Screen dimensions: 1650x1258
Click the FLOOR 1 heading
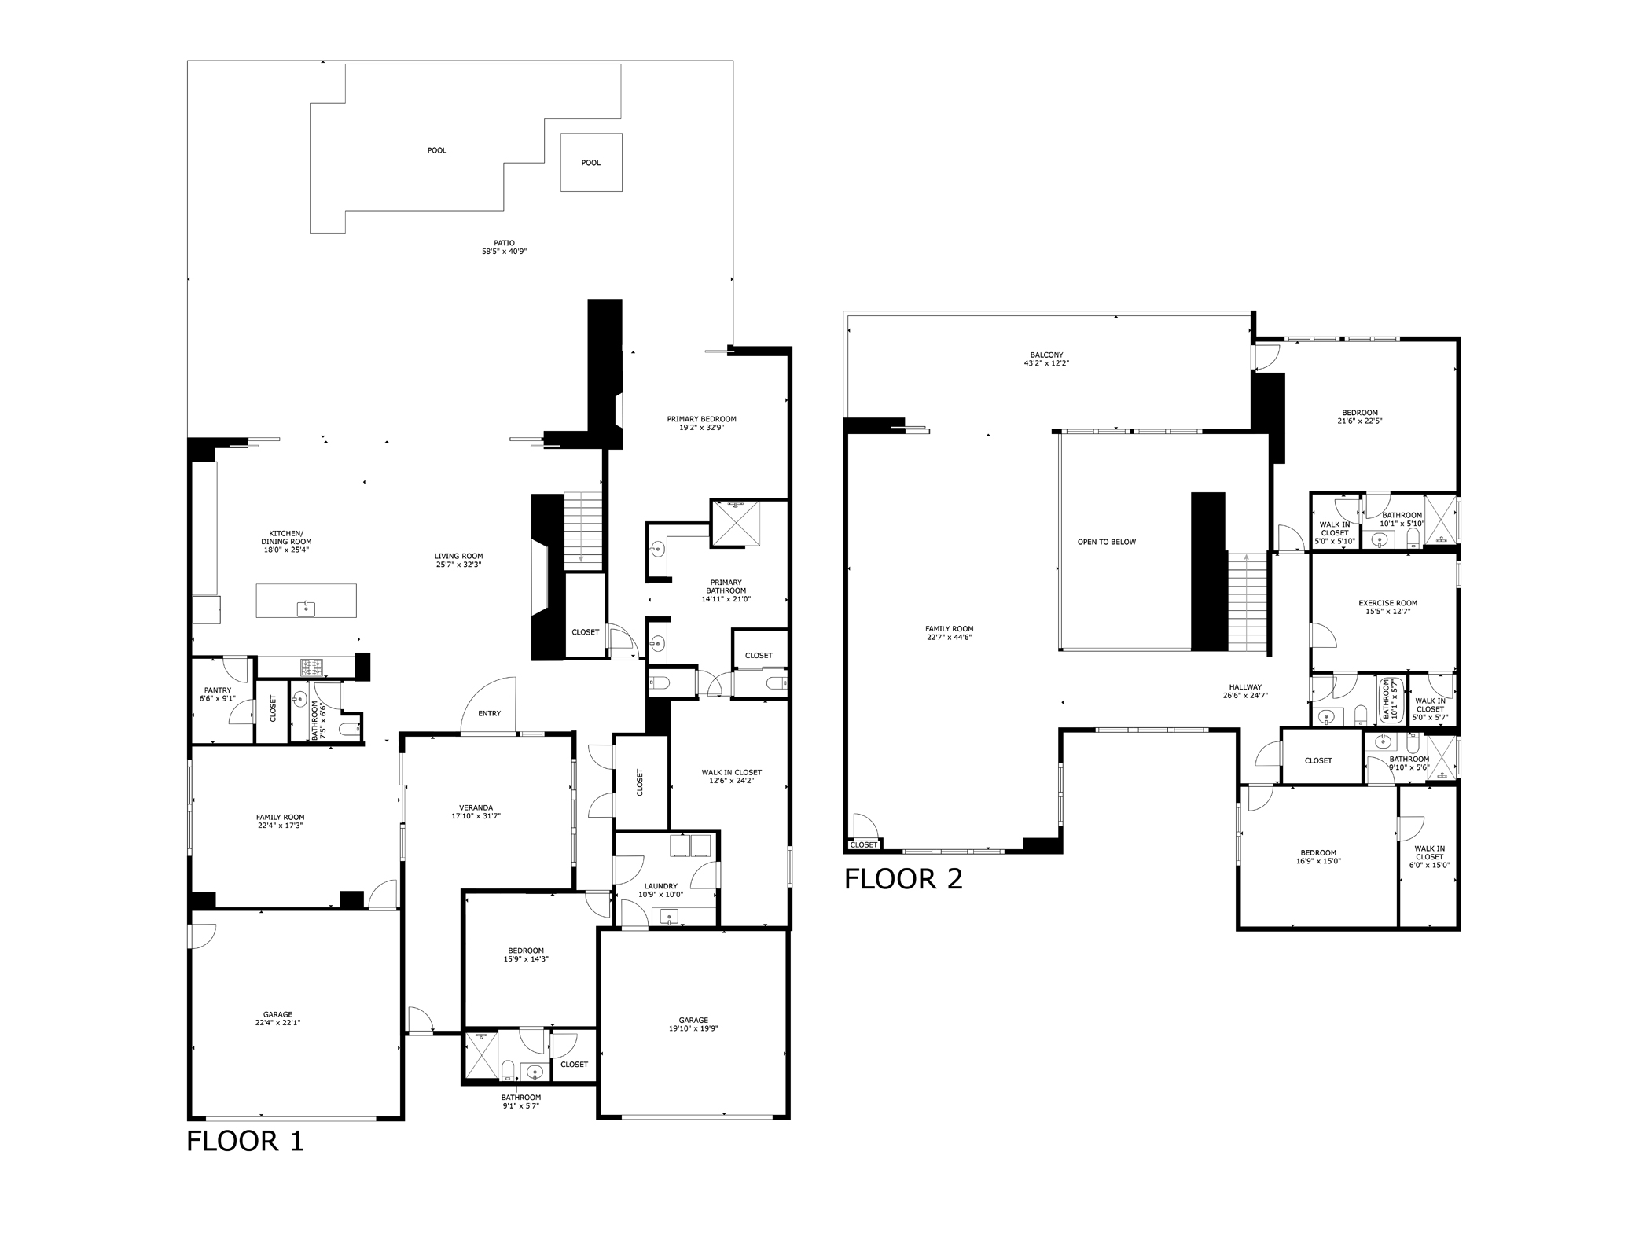pos(244,1141)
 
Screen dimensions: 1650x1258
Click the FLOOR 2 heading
pos(903,879)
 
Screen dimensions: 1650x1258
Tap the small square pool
pos(591,162)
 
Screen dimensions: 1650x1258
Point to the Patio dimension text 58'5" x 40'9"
pos(504,252)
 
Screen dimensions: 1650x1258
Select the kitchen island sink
pos(306,608)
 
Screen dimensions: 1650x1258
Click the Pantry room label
pos(218,690)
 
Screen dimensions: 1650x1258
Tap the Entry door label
pos(489,713)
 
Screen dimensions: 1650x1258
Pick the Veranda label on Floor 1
pos(476,807)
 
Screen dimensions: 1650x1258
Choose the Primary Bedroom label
pos(701,419)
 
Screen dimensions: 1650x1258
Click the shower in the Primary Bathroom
pos(736,523)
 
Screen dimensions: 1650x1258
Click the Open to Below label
pos(1106,542)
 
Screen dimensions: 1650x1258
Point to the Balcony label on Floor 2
pos(1046,355)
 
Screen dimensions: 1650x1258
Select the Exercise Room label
pos(1388,603)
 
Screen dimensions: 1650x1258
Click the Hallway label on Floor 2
pos(1245,687)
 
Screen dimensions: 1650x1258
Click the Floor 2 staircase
pos(1248,602)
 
